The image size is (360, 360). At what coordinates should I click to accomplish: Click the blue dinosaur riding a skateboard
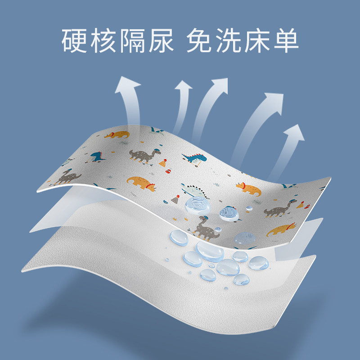point(194,157)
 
